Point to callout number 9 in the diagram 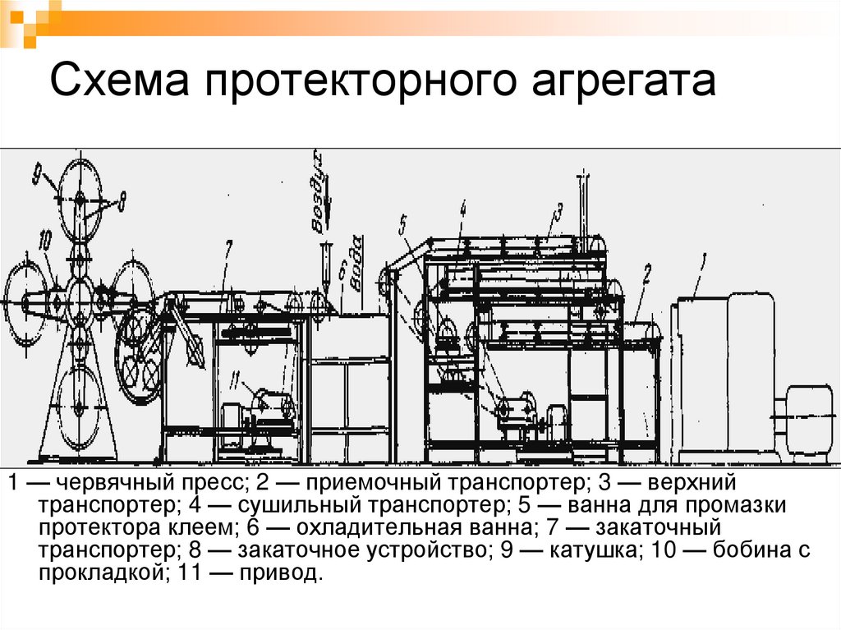[38, 174]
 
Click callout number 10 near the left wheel [44, 239]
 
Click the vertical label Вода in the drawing [356, 262]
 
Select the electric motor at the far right [808, 419]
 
